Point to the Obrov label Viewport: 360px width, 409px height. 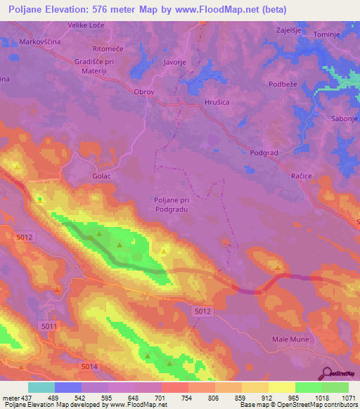[143, 91]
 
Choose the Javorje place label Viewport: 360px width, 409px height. [174, 62]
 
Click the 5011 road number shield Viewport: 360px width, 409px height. [49, 326]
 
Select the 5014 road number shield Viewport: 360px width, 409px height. [89, 367]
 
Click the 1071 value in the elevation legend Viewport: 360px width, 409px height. [349, 397]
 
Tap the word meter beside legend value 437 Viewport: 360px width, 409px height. [11, 397]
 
